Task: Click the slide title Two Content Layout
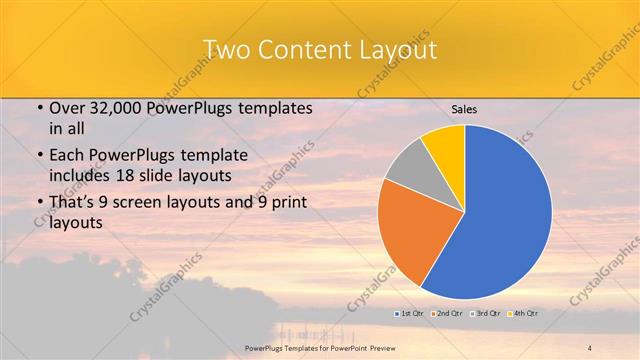point(319,49)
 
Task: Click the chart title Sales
point(464,109)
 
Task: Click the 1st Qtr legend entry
point(409,314)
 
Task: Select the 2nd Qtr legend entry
point(446,314)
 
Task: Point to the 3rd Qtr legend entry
point(484,314)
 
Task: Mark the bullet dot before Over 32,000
point(38,109)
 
